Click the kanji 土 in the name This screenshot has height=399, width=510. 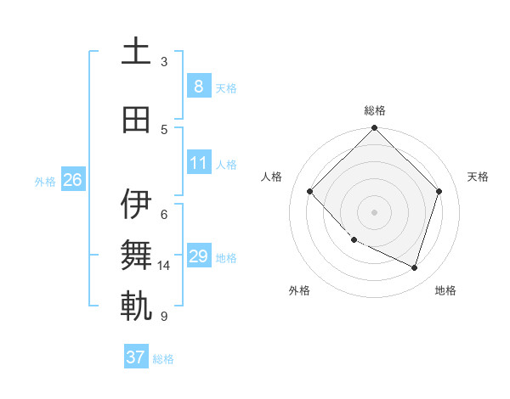point(136,52)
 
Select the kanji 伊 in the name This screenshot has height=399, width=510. point(136,205)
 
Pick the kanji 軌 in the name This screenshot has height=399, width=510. point(136,306)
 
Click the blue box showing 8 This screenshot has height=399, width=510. point(198,86)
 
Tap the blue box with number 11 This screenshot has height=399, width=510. point(198,163)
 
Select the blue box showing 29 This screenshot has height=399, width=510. point(198,256)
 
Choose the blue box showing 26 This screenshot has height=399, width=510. point(72,180)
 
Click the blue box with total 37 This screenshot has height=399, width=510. point(135,357)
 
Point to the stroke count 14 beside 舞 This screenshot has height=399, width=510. point(165,266)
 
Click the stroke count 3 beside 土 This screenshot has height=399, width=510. point(164,61)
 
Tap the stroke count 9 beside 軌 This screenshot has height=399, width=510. point(163,317)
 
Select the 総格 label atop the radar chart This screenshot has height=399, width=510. point(374,110)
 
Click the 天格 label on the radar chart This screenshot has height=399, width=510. point(478,177)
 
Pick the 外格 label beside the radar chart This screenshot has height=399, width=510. point(299,290)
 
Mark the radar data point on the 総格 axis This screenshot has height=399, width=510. point(374,129)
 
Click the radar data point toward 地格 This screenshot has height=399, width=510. point(414,267)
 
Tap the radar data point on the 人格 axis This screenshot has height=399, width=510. point(310,192)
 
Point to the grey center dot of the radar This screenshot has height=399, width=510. point(374,212)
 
